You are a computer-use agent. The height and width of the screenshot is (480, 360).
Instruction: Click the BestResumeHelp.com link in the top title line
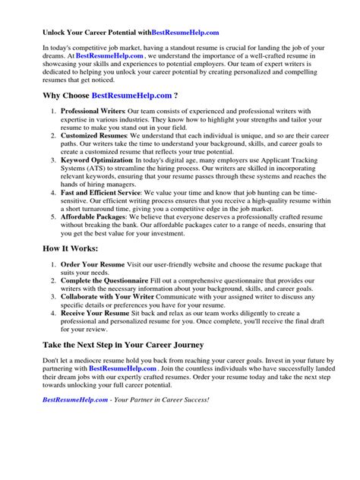(x=185, y=33)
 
